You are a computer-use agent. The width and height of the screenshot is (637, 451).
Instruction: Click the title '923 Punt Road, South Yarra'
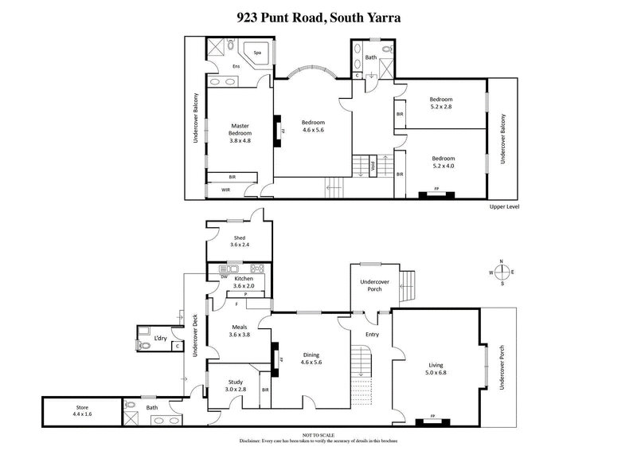click(x=318, y=14)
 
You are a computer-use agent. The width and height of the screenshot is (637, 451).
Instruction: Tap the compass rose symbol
click(x=502, y=272)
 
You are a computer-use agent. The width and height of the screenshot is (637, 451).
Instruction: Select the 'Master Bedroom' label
click(x=240, y=132)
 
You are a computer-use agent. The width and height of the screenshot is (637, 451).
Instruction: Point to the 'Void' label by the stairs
click(x=372, y=167)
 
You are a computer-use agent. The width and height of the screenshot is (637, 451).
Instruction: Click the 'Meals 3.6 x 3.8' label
click(x=240, y=331)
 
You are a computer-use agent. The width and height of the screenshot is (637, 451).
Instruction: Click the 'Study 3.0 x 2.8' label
click(x=235, y=385)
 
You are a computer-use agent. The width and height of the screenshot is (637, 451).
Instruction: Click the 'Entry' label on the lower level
click(x=371, y=334)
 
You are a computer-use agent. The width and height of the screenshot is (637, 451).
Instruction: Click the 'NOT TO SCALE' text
click(x=318, y=434)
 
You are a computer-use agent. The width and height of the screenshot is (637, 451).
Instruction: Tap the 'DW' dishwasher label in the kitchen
click(x=213, y=276)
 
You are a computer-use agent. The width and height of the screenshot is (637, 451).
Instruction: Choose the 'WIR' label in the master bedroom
click(x=225, y=190)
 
